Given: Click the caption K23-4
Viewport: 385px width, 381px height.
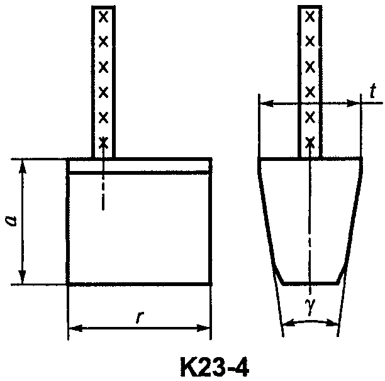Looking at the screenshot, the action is [x=215, y=367].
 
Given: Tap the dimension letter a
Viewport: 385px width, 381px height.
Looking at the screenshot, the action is [x=11, y=221].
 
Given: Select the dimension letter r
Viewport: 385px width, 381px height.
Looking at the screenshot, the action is [x=139, y=317].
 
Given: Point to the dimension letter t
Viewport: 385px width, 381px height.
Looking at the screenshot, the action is [x=373, y=91].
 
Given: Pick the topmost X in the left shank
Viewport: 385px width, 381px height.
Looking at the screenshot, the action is [x=103, y=17].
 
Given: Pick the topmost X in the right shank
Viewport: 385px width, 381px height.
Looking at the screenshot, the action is [x=310, y=17].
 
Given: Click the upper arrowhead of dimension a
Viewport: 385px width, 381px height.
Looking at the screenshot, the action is [x=23, y=166].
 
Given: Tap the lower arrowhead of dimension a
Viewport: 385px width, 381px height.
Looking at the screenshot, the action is [x=23, y=277].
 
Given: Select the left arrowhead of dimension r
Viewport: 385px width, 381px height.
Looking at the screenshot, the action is [x=75, y=328].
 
